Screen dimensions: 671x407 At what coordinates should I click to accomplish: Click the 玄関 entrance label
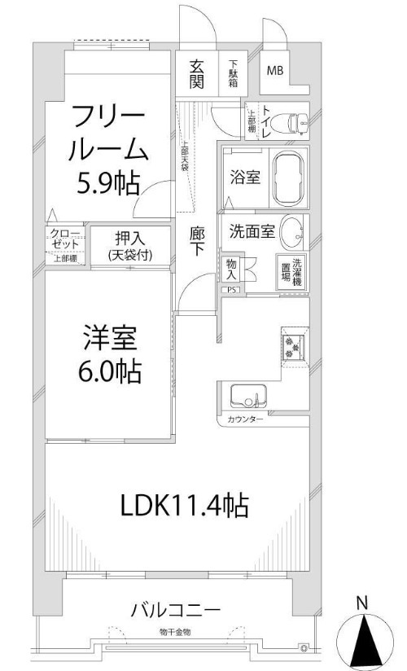(196, 73)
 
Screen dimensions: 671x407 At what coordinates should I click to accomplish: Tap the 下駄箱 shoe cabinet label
(234, 73)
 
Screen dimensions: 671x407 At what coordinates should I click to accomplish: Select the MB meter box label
(274, 71)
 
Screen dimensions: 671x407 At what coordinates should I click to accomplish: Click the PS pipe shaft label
(231, 289)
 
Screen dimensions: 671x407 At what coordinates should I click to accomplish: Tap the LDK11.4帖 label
(184, 506)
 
